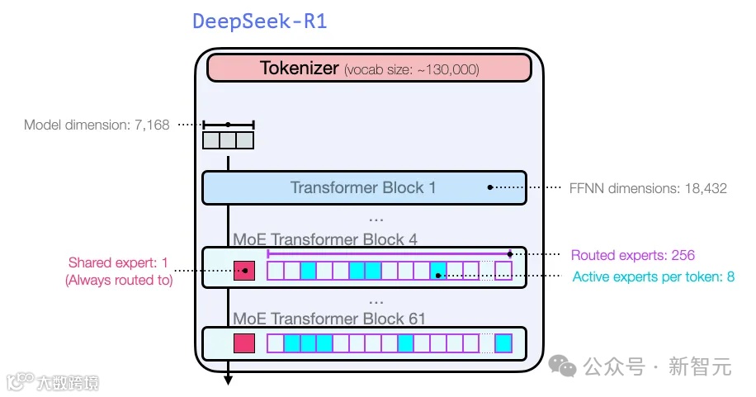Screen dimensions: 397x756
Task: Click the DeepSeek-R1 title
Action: tap(259, 21)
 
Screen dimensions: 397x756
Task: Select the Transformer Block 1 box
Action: tap(363, 187)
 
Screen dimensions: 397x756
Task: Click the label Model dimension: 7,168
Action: tap(97, 125)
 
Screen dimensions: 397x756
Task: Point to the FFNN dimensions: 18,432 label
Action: tap(649, 188)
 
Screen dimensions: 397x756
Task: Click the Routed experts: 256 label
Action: tap(633, 255)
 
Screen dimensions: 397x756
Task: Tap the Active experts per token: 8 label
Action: tap(653, 276)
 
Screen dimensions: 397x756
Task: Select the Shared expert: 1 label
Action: tap(118, 263)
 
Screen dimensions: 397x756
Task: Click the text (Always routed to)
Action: tap(119, 281)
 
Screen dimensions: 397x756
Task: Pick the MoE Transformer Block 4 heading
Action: tap(325, 240)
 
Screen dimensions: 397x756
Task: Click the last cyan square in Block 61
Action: tap(503, 343)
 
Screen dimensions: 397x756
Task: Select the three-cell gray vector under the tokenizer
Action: tap(229, 140)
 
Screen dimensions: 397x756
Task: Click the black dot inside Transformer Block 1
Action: tap(490, 187)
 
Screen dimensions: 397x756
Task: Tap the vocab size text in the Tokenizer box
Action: tap(412, 70)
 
